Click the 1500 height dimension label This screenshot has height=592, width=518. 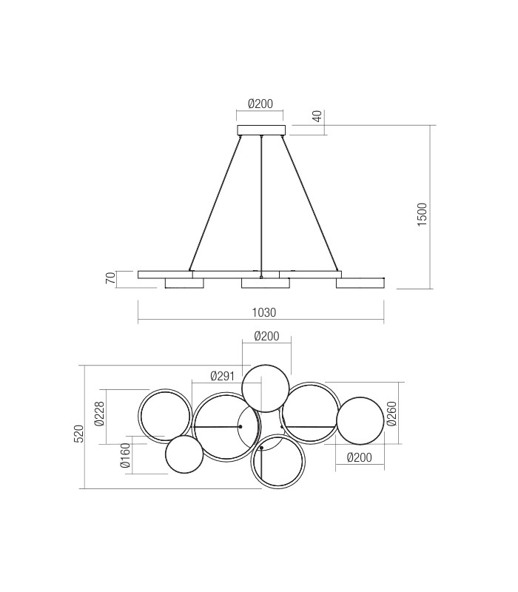pos(422,214)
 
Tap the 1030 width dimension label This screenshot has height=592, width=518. pos(261,314)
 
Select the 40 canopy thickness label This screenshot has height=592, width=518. pos(317,116)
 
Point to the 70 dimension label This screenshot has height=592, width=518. pos(110,279)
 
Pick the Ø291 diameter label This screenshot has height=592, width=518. pos(222,376)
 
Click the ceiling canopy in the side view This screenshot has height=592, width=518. pos(261,130)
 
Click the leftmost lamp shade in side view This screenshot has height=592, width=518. pos(184,283)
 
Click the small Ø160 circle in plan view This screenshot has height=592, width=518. pos(184,454)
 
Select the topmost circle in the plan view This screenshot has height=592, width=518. pos(265,388)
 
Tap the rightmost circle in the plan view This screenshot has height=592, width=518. pos(360,421)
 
